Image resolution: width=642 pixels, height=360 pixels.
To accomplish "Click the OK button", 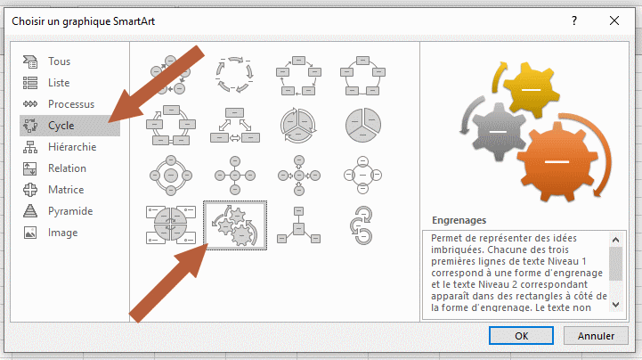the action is [521, 336].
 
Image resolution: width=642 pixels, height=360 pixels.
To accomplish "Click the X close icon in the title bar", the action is [614, 20].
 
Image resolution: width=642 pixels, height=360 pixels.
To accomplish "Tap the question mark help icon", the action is [574, 20].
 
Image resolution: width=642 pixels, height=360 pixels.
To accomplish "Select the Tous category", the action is [59, 61].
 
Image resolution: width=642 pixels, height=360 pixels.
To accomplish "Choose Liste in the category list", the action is [59, 83].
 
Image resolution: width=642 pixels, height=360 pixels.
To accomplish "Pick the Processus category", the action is [71, 104].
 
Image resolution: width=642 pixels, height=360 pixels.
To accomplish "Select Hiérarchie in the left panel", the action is [72, 147].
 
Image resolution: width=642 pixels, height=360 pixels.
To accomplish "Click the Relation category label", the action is [67, 168].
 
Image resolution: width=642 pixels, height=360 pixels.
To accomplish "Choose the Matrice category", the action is [66, 190].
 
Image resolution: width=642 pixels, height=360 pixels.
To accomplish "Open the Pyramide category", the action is [70, 211].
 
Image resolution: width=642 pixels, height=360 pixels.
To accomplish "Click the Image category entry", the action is [62, 233].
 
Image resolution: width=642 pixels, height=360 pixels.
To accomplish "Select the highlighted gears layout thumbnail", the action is [235, 225].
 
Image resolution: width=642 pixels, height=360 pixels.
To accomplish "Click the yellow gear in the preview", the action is [531, 89].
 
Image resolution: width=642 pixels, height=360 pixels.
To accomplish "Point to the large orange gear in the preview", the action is [557, 161].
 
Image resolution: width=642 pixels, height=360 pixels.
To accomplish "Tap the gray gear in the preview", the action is [498, 132].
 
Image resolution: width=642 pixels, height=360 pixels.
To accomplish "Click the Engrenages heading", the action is [459, 220].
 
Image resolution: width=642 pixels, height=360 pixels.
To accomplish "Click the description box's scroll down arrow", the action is [616, 304].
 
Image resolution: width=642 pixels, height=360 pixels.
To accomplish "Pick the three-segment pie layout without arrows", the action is [362, 126].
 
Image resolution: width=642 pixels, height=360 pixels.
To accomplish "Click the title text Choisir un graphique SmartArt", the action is [83, 21].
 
